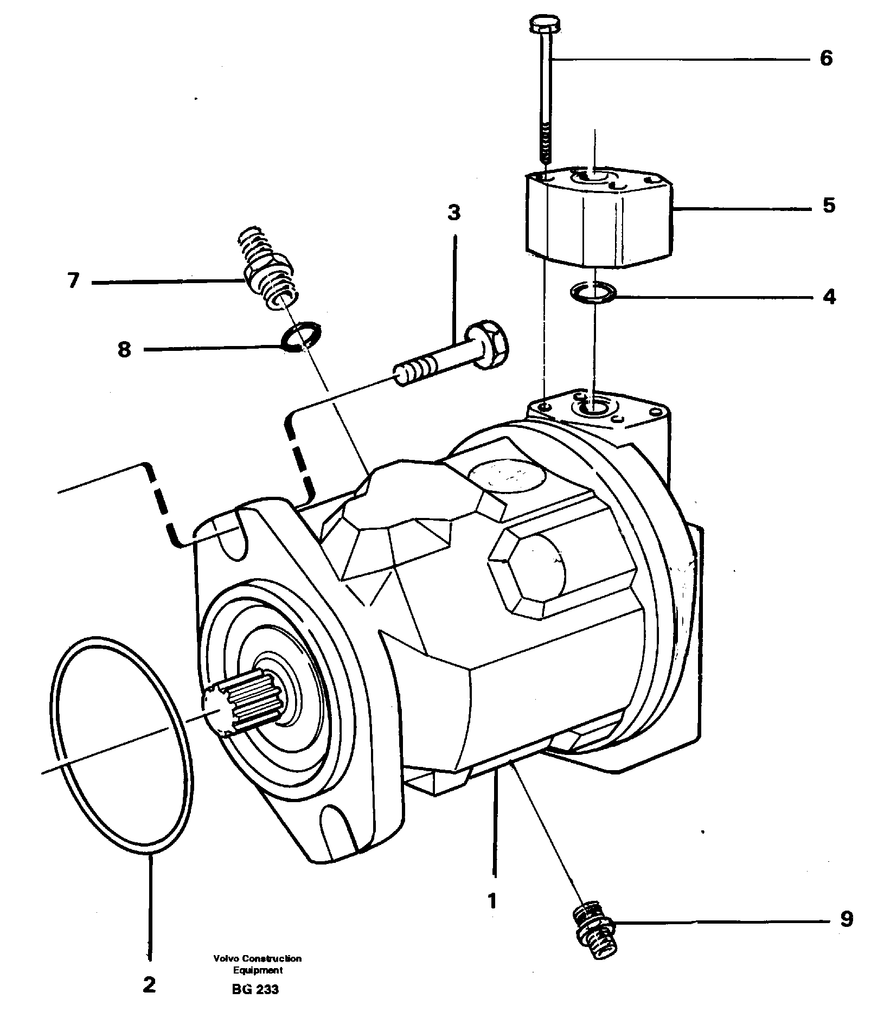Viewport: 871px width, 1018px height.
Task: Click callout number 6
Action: point(825,58)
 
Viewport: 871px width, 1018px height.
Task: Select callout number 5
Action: point(829,206)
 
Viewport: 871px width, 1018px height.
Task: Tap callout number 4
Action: point(829,297)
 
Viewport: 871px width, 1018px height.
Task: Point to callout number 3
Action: point(454,213)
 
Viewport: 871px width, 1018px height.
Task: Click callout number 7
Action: point(73,281)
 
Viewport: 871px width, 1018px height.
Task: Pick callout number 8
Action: point(124,349)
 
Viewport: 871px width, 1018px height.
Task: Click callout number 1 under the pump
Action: point(492,901)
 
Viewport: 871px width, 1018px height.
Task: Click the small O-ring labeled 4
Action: point(594,293)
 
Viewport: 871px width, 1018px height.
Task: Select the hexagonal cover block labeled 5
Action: point(599,220)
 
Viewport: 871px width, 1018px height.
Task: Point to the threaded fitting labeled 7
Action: point(267,270)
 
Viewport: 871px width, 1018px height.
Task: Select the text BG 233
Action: point(255,989)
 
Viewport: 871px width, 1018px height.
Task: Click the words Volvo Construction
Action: point(257,958)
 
